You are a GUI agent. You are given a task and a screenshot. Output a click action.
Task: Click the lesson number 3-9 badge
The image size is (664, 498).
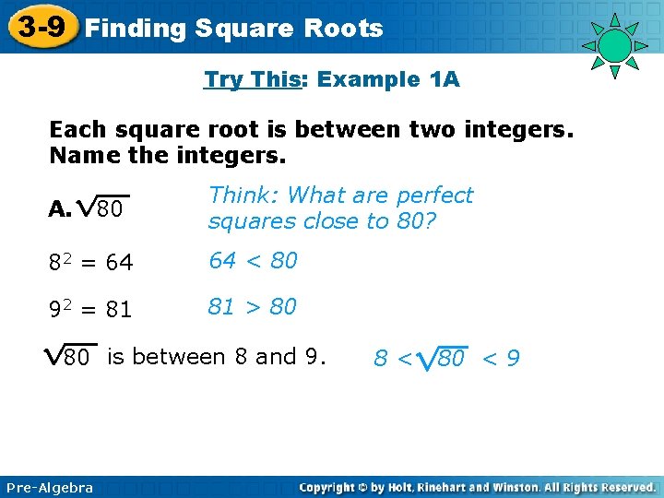pos(40,27)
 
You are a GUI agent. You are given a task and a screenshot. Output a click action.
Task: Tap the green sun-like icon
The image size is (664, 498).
pos(613,45)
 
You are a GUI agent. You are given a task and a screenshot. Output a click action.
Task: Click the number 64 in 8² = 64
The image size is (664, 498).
pos(119,264)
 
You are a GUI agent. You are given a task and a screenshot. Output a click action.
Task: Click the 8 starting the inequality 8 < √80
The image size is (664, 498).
pos(380,358)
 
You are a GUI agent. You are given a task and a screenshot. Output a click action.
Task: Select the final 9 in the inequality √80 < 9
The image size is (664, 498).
pos(513,358)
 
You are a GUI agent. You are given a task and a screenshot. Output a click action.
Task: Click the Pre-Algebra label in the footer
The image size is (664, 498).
pos(48,488)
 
